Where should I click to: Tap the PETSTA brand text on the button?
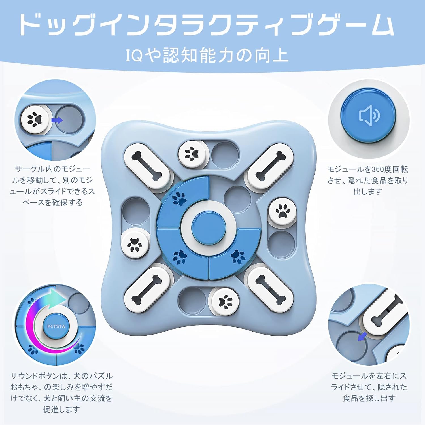click(x=56, y=326)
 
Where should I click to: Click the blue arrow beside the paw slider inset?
click(x=57, y=120)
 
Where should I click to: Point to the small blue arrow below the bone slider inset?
click(x=362, y=337)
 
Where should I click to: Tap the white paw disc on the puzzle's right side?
click(x=282, y=212)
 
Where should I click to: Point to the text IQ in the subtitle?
click(x=134, y=55)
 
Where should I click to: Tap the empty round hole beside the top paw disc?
click(x=225, y=155)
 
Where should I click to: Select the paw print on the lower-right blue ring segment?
click(x=238, y=257)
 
